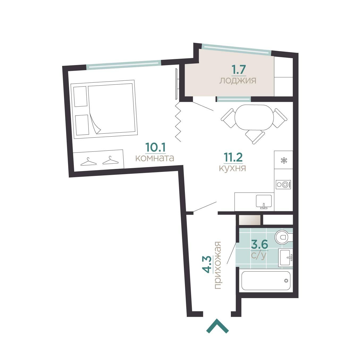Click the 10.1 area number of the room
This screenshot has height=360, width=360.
point(155,147)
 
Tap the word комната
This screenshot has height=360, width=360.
point(155,158)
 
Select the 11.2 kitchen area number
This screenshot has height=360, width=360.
point(233,157)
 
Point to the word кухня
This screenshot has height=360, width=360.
point(232,168)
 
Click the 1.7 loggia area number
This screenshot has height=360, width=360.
point(239,70)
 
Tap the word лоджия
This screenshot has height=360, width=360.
point(238,81)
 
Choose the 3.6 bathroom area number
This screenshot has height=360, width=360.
point(259,244)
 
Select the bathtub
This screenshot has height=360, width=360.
point(266,281)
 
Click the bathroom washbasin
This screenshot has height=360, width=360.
point(285,258)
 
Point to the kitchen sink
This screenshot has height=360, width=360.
point(264,201)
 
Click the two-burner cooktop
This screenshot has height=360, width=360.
point(283,185)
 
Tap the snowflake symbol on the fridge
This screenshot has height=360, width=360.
point(284,160)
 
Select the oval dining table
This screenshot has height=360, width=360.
point(254,117)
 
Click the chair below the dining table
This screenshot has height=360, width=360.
point(255,137)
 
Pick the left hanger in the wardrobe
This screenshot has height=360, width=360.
point(88,162)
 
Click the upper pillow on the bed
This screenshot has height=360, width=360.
point(81,96)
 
